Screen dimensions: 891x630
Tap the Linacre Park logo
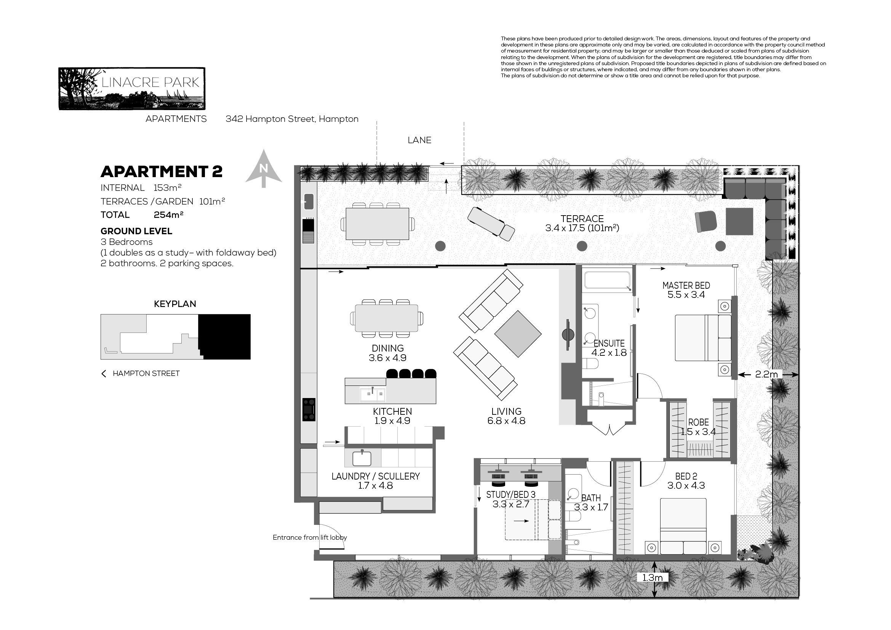point(132,89)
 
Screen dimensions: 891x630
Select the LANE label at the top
point(419,140)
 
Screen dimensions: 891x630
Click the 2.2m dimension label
point(766,374)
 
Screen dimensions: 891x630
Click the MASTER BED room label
point(686,286)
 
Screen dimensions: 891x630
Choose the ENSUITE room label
point(609,343)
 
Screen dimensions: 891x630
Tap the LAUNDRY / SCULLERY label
point(376,476)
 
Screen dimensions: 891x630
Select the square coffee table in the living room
point(518,334)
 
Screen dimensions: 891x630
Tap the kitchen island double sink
point(373,395)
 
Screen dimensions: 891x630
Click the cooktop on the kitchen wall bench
point(309,410)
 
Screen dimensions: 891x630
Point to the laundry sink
point(362,459)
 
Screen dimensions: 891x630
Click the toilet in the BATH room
point(573,516)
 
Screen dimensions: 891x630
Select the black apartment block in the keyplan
point(225,337)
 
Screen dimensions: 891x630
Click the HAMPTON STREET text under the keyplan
point(146,373)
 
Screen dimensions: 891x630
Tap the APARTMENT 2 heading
point(162,171)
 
